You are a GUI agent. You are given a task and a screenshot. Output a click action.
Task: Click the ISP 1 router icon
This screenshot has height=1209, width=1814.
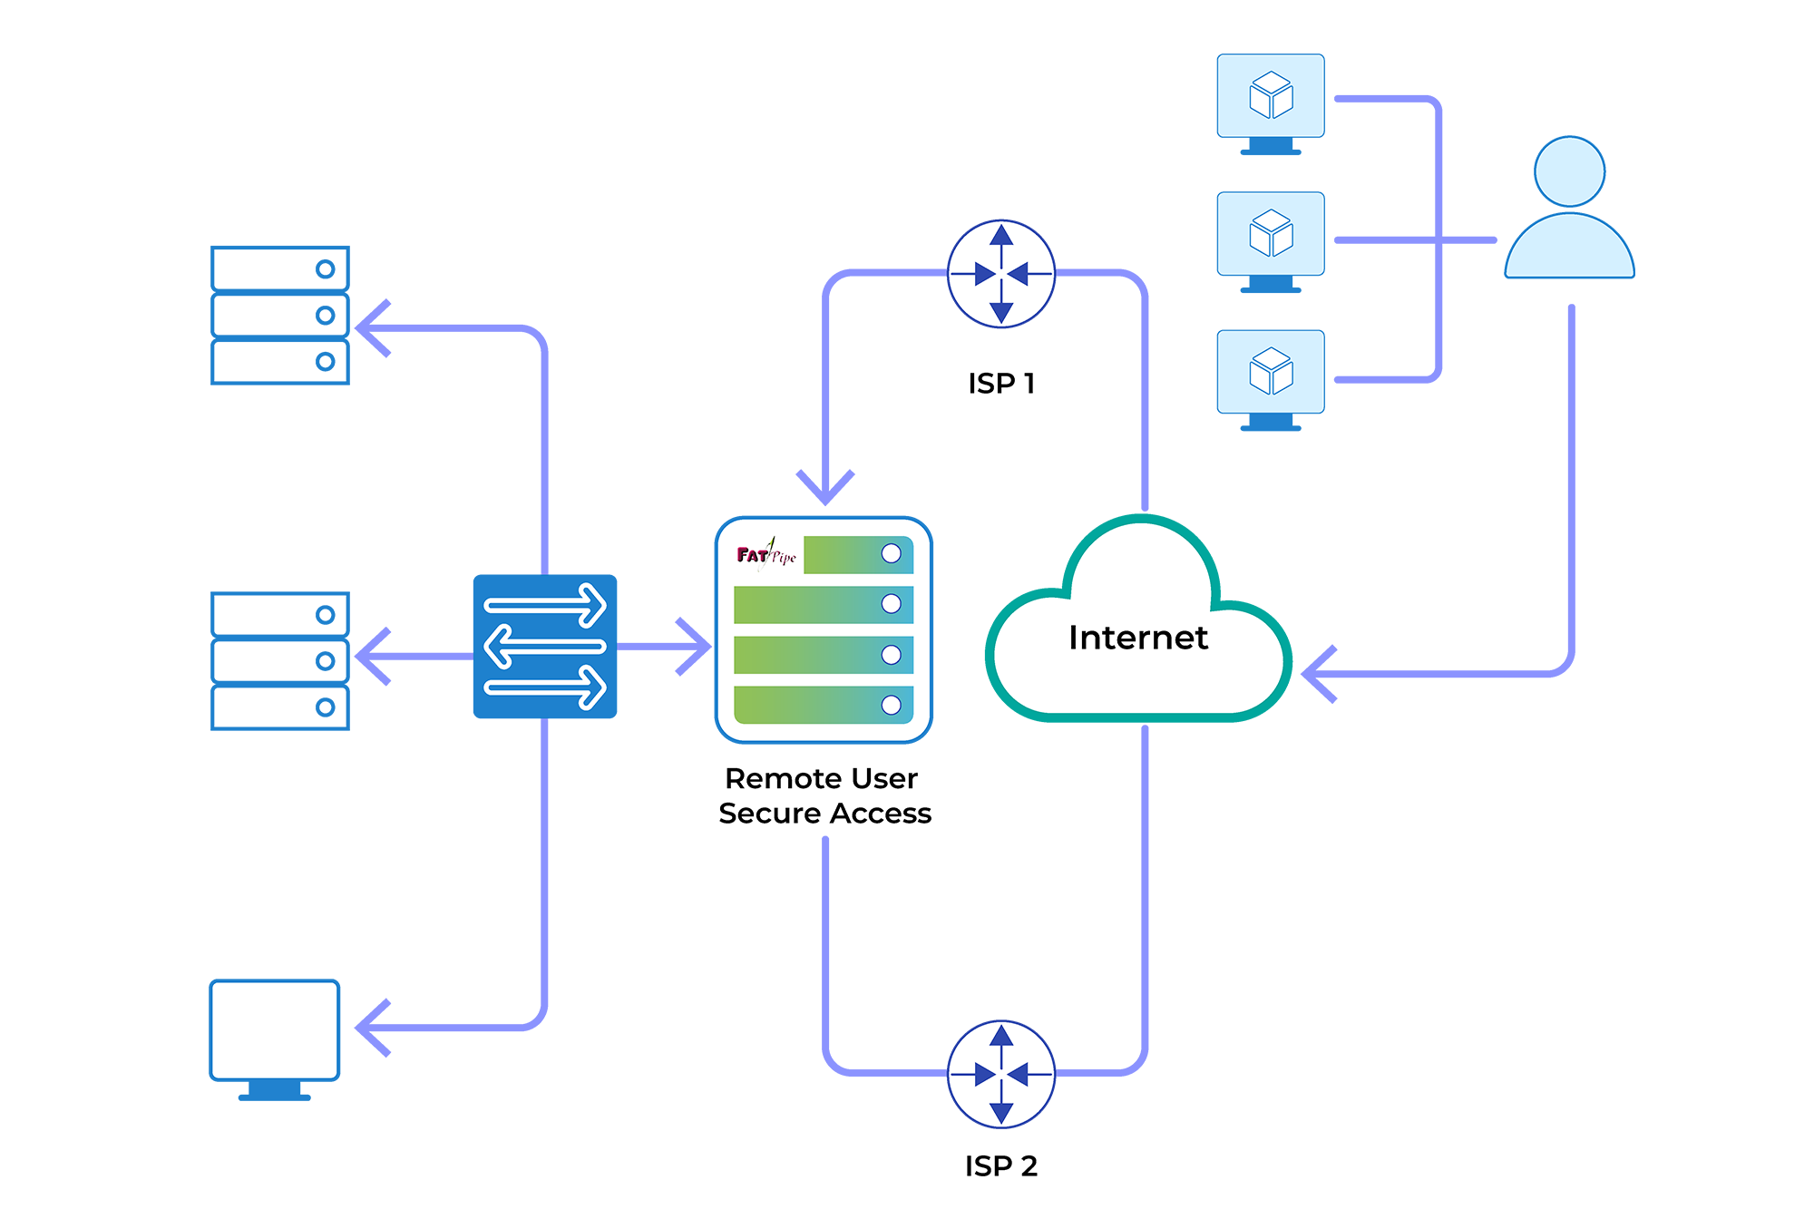tap(1000, 273)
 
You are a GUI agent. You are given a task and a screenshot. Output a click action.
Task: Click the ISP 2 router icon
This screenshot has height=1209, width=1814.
tap(1000, 1074)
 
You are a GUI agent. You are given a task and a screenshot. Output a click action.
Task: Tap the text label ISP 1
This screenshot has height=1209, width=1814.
tap(1000, 384)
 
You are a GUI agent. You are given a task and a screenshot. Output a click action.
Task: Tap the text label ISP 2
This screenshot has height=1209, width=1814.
tap(1000, 1166)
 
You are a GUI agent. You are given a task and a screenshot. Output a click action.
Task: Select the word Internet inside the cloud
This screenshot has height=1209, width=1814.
tap(1137, 638)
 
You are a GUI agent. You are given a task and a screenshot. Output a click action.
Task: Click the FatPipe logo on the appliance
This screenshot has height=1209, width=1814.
tap(766, 553)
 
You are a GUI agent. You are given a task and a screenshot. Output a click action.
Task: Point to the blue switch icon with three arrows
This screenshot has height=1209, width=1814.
tap(545, 647)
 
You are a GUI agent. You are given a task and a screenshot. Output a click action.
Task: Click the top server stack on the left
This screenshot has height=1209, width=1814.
tap(280, 316)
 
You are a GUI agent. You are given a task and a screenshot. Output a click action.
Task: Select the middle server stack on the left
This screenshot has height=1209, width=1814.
tap(280, 661)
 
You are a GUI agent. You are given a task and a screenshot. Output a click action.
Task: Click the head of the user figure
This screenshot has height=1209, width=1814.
tap(1569, 171)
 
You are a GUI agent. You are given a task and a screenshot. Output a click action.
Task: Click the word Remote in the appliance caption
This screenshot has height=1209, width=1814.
tap(771, 779)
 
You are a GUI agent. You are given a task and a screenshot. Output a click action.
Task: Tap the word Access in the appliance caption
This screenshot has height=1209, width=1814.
tap(881, 814)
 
